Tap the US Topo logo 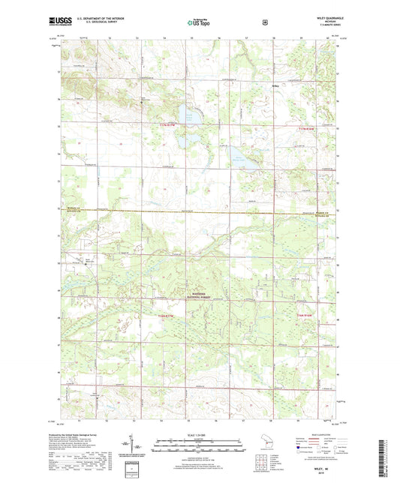coord(200,22)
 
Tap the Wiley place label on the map coord(275,85)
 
